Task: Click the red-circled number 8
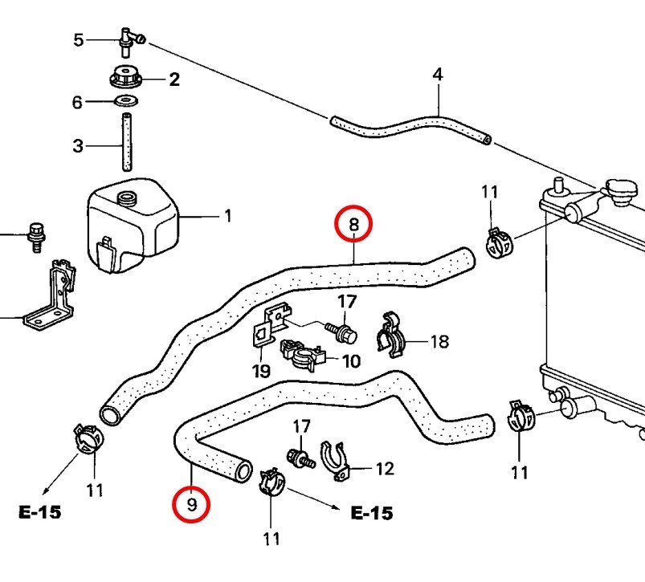coord(354,224)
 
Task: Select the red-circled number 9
coord(191,506)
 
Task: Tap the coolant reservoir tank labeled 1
coord(133,225)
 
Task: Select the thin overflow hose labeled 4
coord(410,129)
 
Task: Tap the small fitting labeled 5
coord(129,38)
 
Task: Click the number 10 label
coord(351,361)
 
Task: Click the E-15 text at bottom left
coord(40,512)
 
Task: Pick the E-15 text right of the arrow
coord(372,513)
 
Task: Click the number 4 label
coord(437,75)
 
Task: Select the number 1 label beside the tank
coord(227,216)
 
